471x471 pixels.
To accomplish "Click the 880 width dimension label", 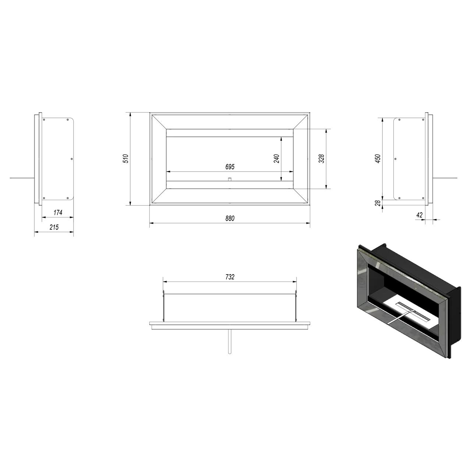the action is point(230,218).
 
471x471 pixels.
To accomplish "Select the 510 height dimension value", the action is point(125,159).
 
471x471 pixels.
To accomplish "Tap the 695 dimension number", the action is point(230,166).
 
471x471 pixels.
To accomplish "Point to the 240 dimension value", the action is point(276,159).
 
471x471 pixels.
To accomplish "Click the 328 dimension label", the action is point(321,159).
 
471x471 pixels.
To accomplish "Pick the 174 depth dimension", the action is point(58,212).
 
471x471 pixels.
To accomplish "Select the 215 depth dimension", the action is point(54,227).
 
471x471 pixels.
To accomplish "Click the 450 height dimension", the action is point(378,159).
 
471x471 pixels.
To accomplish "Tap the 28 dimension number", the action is point(378,203).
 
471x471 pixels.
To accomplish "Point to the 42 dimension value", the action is point(419,215).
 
